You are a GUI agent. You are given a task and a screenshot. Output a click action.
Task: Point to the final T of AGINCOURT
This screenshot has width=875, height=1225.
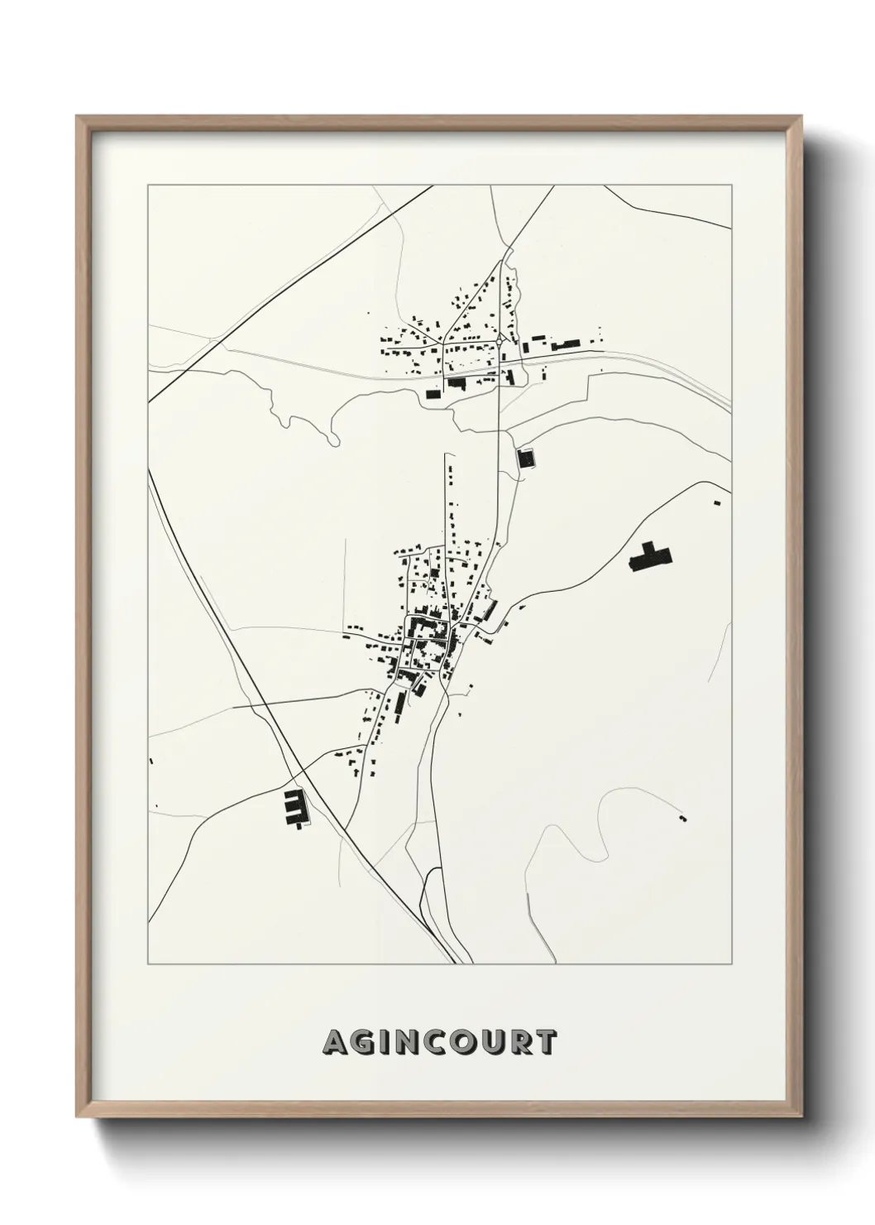tap(544, 1043)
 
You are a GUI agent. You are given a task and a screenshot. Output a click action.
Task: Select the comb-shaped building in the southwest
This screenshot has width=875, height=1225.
tap(294, 807)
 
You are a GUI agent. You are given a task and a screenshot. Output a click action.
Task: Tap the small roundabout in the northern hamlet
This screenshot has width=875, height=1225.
tap(501, 339)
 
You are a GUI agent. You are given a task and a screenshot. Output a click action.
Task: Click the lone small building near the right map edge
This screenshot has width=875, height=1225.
tap(717, 501)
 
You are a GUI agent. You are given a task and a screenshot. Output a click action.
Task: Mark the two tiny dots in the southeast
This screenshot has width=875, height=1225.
tap(682, 818)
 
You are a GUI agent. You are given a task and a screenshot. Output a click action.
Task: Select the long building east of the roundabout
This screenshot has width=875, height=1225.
tap(567, 343)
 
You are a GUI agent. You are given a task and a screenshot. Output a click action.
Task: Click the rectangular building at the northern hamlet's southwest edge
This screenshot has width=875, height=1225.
tap(433, 394)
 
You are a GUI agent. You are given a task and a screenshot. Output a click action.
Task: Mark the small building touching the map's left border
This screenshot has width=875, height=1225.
tap(151, 761)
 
